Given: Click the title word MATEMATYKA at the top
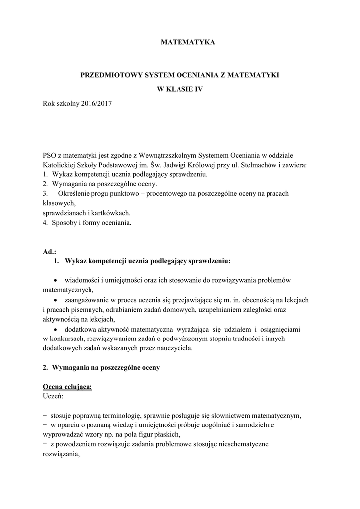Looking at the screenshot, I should tap(188, 43).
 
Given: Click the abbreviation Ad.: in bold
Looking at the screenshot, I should tap(50, 251).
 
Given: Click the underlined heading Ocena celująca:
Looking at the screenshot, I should tap(67, 387).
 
